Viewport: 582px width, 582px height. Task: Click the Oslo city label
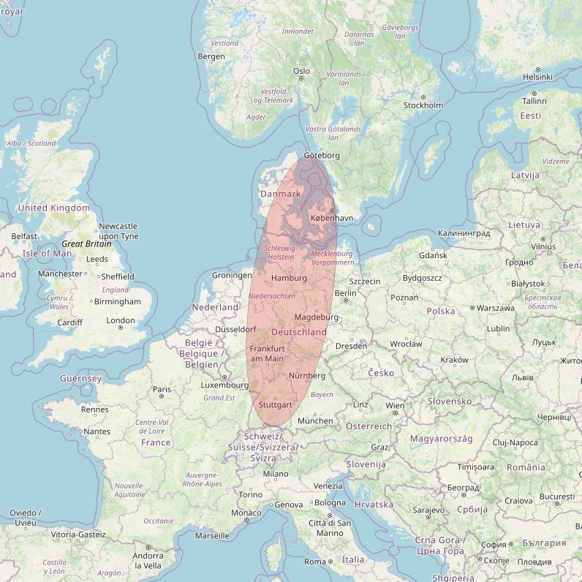(301, 71)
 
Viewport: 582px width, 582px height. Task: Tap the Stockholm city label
(423, 105)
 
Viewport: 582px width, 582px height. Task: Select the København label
(332, 218)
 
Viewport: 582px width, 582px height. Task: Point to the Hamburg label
(289, 279)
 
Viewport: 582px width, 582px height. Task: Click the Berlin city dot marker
(346, 301)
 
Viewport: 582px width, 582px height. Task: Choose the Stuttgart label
(276, 404)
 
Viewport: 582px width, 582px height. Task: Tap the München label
(315, 421)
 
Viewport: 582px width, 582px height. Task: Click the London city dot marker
(121, 328)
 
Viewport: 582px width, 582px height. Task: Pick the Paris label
(162, 390)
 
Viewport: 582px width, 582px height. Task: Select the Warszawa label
(496, 308)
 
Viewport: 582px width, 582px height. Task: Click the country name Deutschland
(299, 332)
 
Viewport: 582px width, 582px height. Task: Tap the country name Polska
(441, 311)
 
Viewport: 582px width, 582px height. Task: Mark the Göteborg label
(322, 156)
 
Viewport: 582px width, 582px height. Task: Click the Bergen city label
(211, 56)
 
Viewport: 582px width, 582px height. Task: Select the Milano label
(276, 474)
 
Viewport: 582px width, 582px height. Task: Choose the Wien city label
(395, 406)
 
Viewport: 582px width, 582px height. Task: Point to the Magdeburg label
(317, 317)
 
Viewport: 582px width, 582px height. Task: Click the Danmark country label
(281, 194)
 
